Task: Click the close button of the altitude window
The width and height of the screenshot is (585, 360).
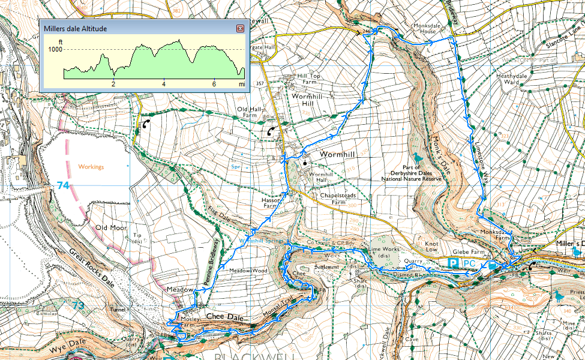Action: coord(240,28)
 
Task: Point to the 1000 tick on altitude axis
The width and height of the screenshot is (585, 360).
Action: coord(55,50)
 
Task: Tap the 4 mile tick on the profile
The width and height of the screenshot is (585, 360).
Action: coord(163,85)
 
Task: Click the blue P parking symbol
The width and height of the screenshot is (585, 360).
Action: coord(454,263)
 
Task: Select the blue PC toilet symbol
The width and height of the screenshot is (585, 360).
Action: coord(469,263)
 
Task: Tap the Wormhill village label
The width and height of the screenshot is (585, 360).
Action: coord(339,154)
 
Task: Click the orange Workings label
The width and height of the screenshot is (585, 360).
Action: coord(91,166)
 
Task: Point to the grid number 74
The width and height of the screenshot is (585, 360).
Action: coord(63,185)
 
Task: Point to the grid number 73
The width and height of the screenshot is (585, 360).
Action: coord(78,305)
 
